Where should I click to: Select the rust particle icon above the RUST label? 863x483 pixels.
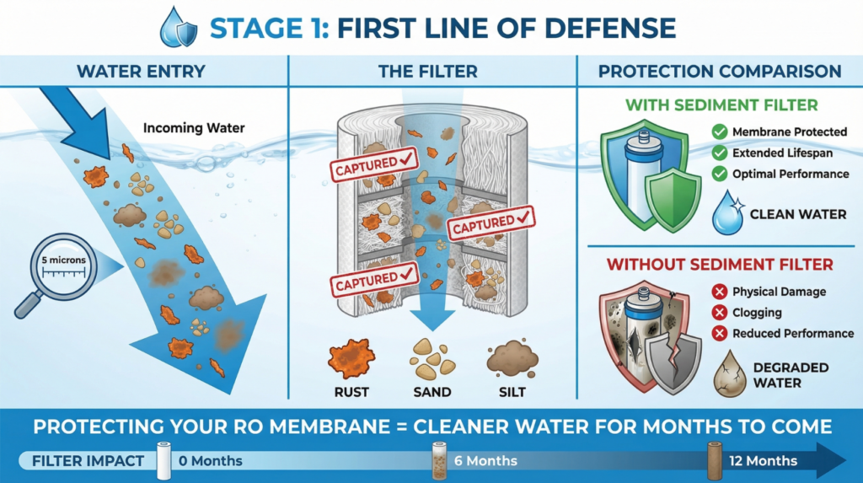[x=351, y=358]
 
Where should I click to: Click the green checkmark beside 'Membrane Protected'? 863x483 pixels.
[x=719, y=131]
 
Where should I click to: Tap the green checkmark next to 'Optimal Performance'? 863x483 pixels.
[x=719, y=174]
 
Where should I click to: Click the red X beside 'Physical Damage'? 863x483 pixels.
[x=719, y=292]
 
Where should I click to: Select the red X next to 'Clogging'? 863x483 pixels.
[x=719, y=313]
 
